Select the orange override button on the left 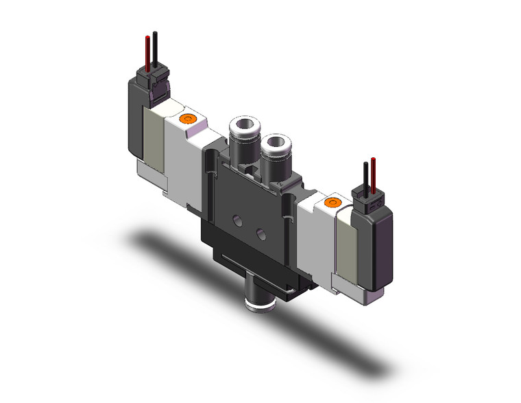[185, 121]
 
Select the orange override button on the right [334, 203]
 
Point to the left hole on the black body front [236, 221]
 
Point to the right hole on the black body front [260, 235]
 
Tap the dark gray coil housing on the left [132, 124]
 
